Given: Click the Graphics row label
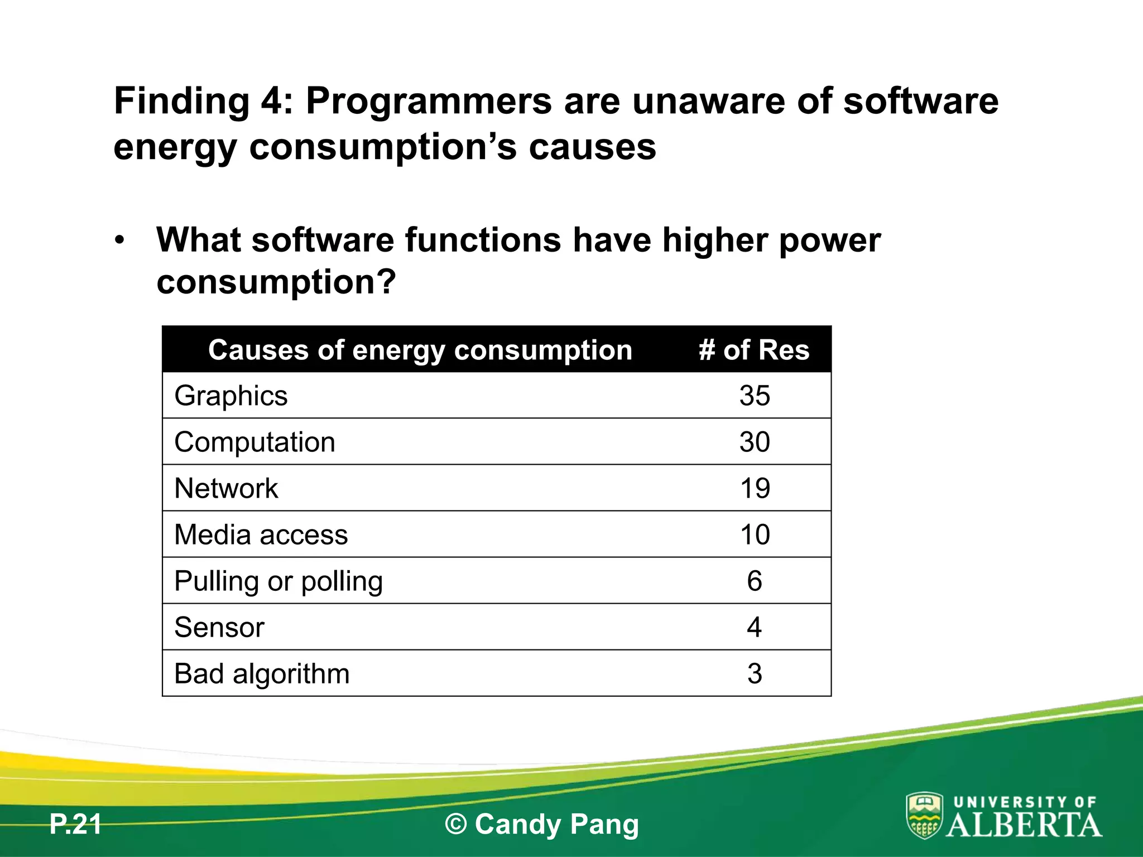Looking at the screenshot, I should pos(230,396).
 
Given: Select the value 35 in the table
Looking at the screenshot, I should pos(755,396).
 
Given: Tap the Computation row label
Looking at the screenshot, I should pos(254,442).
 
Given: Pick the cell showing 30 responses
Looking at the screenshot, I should pos(755,442).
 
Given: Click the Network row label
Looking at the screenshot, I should pos(226,488).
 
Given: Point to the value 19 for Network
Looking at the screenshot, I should pos(755,488).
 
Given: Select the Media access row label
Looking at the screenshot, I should pos(261,535).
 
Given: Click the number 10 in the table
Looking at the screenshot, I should pos(755,535).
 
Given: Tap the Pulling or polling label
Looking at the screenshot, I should pos(278,581).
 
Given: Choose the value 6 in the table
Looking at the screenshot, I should pos(755,581).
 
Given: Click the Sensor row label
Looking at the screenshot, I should pos(219,627).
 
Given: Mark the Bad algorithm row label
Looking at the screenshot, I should pos(262,673).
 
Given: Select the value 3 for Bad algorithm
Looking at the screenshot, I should pos(755,673).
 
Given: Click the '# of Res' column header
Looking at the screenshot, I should pos(753,350).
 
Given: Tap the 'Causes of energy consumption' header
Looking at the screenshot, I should pos(420,350).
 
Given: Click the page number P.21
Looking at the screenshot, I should pos(75,824).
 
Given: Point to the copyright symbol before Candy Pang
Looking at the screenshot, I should pos(455,825).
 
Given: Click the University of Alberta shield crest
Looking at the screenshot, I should pos(924,815).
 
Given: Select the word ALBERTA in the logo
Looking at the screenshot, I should pos(1024,825).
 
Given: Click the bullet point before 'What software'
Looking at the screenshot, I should pos(119,241).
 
